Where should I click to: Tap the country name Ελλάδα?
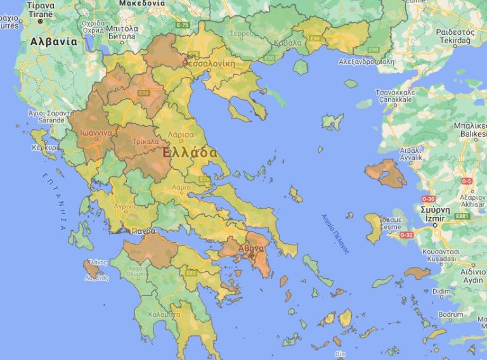click(x=190, y=153)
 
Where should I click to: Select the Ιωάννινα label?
click(x=96, y=133)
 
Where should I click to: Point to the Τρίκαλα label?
click(x=145, y=142)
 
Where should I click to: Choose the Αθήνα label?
click(x=251, y=248)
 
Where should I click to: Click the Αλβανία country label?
click(x=53, y=42)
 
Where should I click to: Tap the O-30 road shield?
click(x=428, y=199)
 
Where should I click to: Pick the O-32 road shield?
click(x=406, y=235)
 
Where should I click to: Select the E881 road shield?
click(x=462, y=216)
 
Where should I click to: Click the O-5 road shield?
click(x=467, y=181)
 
